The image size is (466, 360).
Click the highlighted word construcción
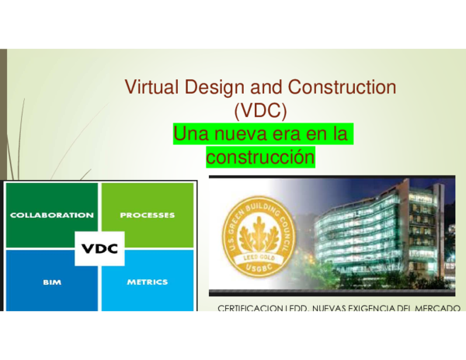(260, 157)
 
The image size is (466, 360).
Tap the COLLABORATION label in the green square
(51, 215)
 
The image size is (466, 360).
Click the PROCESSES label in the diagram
(148, 215)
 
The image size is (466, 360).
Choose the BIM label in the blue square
(51, 282)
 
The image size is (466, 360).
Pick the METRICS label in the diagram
(148, 282)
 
